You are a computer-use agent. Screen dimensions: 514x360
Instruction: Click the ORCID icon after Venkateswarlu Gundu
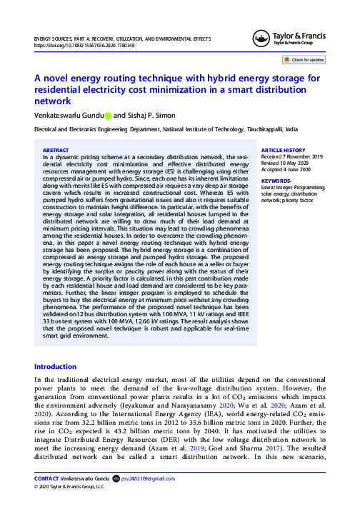pyautogui.click(x=108, y=115)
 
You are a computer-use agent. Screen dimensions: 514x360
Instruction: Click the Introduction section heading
pyautogui.click(x=56, y=366)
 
